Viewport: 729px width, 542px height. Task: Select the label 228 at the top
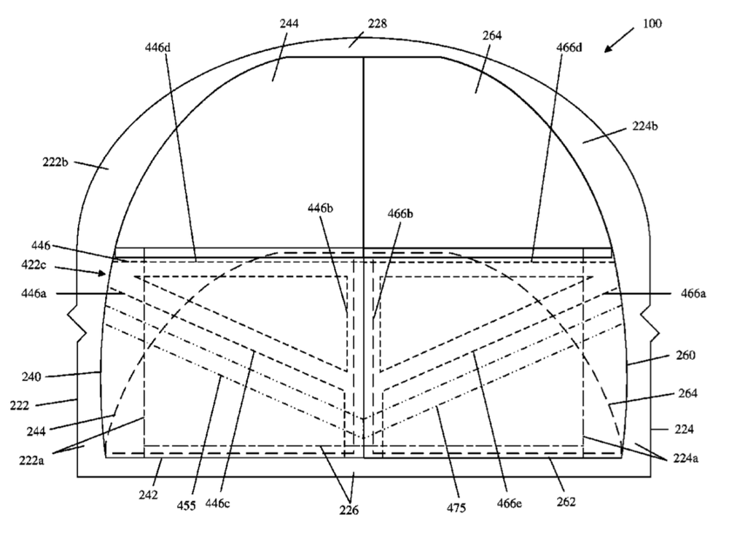click(377, 24)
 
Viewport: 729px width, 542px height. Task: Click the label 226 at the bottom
click(348, 511)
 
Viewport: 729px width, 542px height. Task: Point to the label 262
click(566, 502)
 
